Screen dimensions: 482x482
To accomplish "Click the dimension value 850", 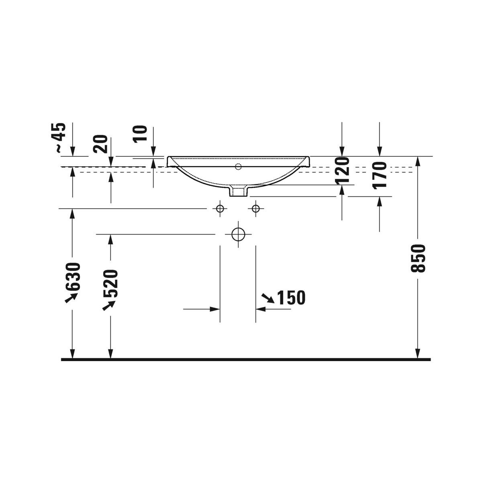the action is tap(418, 258).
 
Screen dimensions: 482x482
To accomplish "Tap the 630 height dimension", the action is tap(73, 277).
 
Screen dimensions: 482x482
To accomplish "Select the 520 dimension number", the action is tap(110, 283).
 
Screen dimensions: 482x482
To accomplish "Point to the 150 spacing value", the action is tap(292, 298).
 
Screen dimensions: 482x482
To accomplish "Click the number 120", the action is tap(342, 170).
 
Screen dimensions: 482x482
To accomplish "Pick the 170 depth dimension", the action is tap(380, 175).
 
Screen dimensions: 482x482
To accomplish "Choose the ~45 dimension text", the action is tap(61, 137).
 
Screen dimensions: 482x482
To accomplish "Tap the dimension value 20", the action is tap(100, 144).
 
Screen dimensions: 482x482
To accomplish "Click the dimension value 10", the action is tap(140, 134).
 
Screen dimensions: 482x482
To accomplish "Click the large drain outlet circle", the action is tap(238, 234).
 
